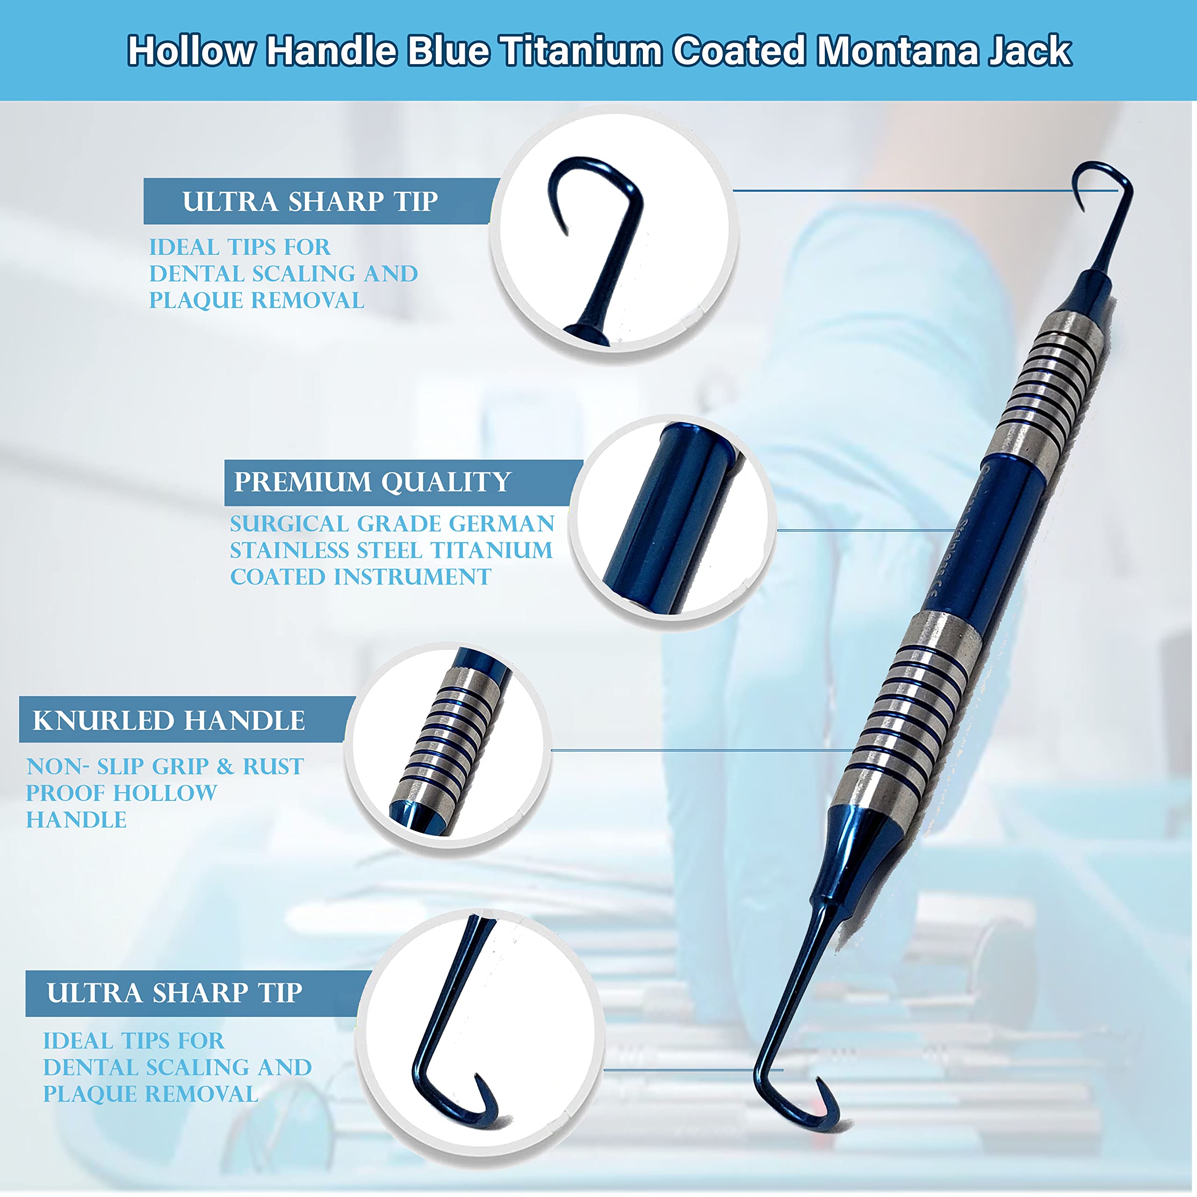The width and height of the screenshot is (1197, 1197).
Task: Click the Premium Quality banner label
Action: pos(372,482)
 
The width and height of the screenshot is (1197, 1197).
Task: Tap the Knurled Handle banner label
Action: pos(168,721)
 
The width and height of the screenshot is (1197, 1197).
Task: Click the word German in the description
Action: pos(501,524)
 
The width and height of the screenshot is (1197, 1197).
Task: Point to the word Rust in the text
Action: pos(273,766)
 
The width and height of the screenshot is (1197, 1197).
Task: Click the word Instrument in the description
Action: pos(412,577)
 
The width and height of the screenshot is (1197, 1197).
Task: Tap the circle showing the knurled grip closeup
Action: pos(447,743)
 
